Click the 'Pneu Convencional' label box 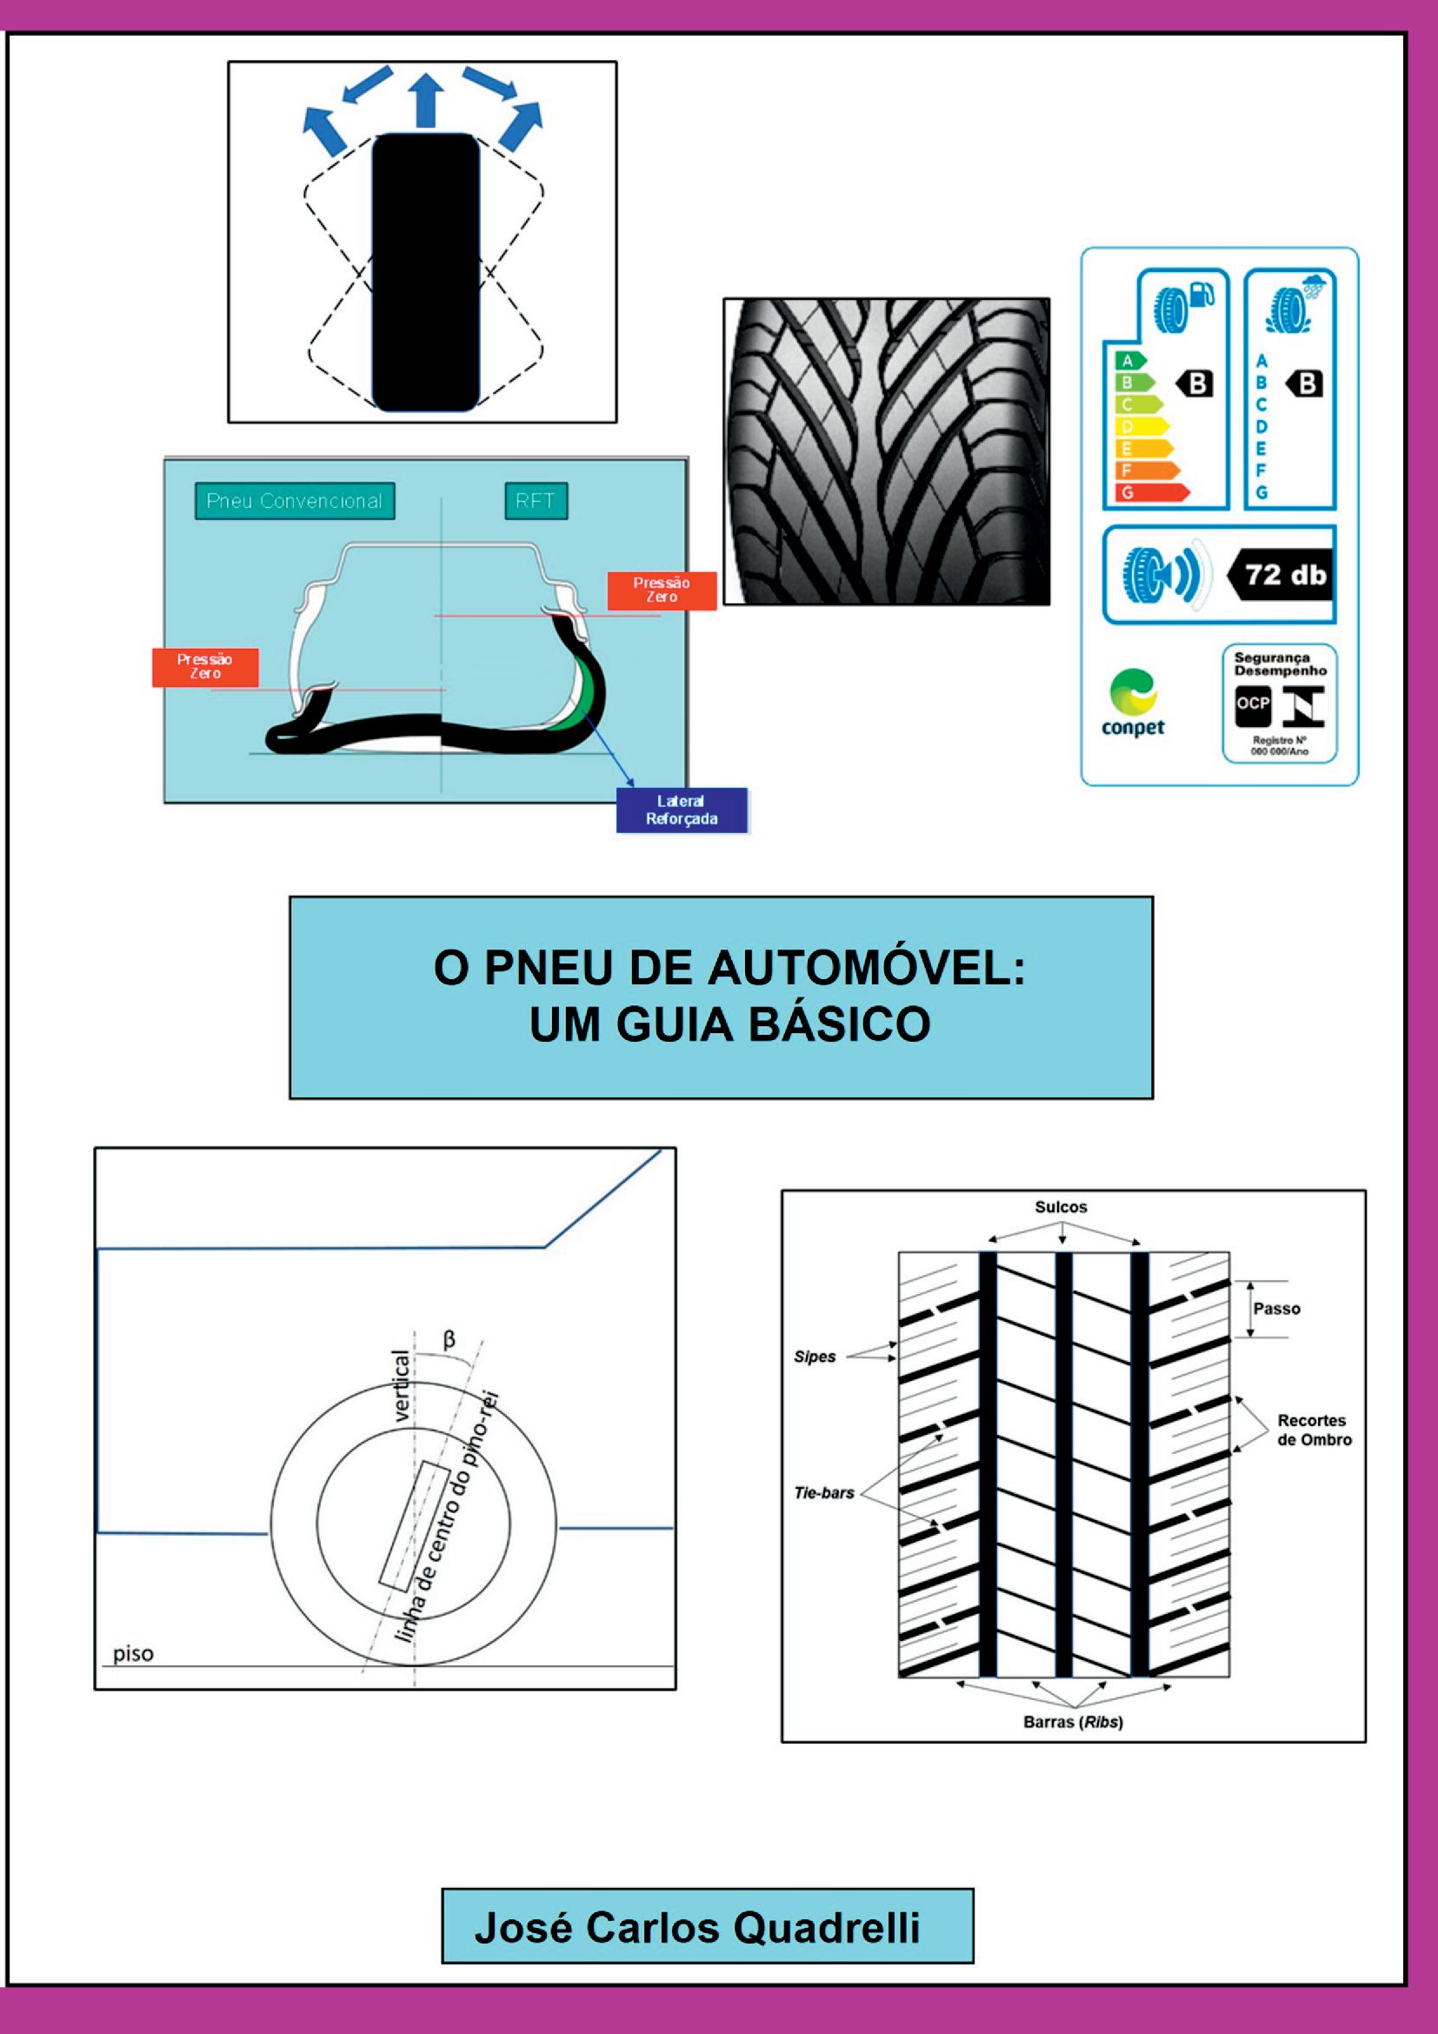(294, 501)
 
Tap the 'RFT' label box (535, 501)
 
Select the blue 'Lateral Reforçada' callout (681, 810)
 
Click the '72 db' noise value (1285, 576)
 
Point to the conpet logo (1133, 704)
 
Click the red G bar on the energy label (1148, 493)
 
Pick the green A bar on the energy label (1129, 361)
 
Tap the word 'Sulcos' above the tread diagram (1061, 1207)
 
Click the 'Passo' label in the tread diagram (1277, 1309)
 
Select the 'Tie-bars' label (823, 1493)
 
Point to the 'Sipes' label (815, 1357)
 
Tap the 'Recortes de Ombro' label (1313, 1430)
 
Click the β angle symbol (449, 1339)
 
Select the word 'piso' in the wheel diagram (133, 1653)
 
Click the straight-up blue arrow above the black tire (427, 99)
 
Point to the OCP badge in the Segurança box (1253, 704)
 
